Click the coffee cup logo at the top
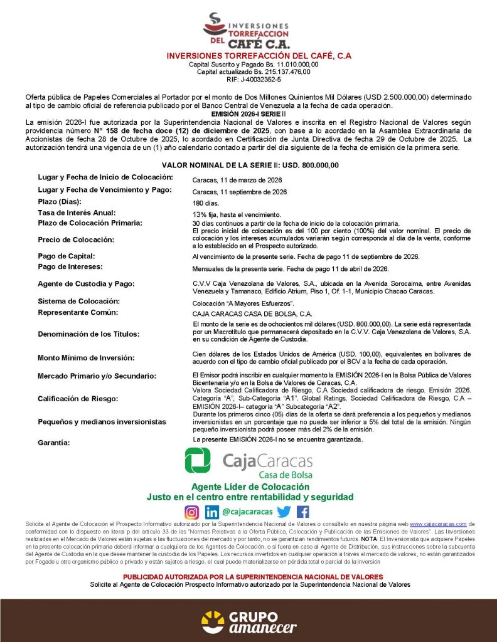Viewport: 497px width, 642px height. (215, 24)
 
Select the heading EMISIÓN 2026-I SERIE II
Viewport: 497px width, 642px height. (249, 113)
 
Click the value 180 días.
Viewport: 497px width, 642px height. (205, 204)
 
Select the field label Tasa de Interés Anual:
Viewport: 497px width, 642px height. (77, 213)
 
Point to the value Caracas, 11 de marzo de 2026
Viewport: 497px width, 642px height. (237, 180)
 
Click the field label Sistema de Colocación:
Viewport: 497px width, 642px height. (78, 302)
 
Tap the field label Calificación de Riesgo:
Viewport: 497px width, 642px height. (78, 399)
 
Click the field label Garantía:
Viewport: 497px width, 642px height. (54, 443)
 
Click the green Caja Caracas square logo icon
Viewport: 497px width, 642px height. (198, 461)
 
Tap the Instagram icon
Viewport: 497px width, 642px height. (192, 512)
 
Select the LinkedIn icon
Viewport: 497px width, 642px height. (212, 512)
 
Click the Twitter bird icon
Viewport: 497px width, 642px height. (284, 512)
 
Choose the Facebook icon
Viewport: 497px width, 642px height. (303, 512)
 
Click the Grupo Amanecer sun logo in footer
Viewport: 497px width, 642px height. (212, 621)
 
